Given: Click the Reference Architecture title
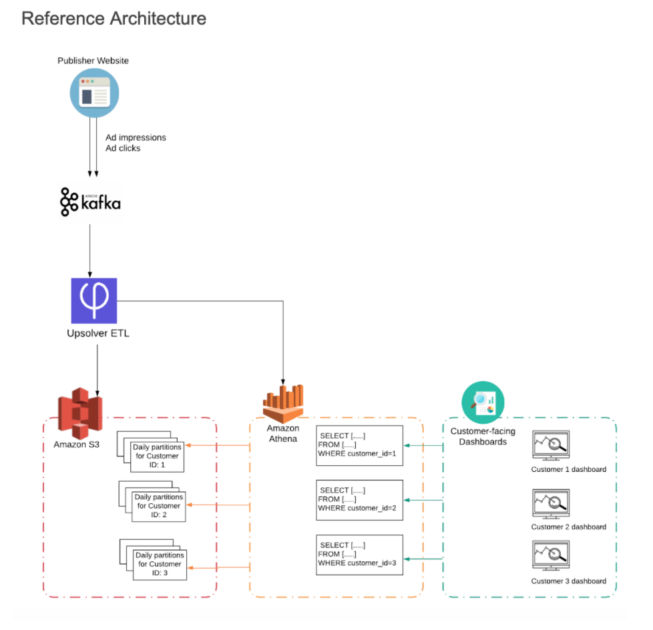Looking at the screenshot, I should click(x=114, y=19).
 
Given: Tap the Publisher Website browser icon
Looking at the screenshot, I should click(x=94, y=93).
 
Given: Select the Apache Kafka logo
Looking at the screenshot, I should click(x=91, y=201).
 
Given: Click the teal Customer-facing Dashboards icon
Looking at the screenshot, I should click(x=483, y=402).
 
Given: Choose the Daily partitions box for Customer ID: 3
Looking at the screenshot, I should click(x=159, y=564).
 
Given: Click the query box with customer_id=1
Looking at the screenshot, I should click(x=360, y=445).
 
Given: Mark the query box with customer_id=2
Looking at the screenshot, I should click(x=360, y=499).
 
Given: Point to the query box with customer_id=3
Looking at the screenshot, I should click(x=360, y=554).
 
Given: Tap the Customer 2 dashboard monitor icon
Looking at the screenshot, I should click(x=550, y=503).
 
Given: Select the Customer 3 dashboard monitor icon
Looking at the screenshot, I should click(x=550, y=555).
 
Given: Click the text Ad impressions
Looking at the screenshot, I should click(x=136, y=137).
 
